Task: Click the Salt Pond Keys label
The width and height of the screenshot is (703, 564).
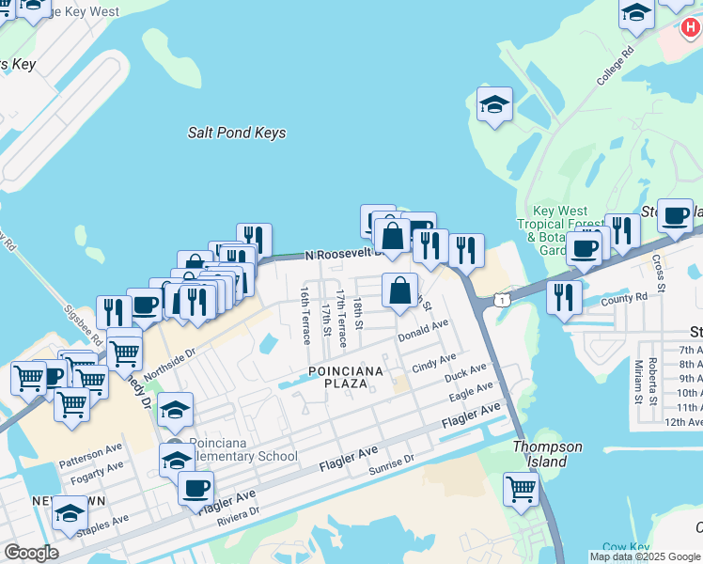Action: click(x=237, y=133)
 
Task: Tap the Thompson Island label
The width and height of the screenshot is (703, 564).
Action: click(x=547, y=454)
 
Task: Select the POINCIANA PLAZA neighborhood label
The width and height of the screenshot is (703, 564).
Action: click(x=346, y=377)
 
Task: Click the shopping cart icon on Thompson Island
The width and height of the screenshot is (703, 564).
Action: click(x=522, y=489)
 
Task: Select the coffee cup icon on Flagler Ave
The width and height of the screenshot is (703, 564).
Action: click(x=195, y=489)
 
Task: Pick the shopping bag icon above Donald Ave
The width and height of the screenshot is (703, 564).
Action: click(x=400, y=291)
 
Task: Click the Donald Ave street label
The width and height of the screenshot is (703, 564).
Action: click(x=423, y=330)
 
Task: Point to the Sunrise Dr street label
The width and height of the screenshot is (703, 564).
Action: click(x=391, y=464)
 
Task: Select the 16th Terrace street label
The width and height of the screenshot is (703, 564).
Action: click(x=305, y=316)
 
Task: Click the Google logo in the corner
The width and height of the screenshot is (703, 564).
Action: click(x=32, y=553)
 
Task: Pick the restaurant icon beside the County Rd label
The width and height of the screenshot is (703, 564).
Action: click(x=564, y=298)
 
